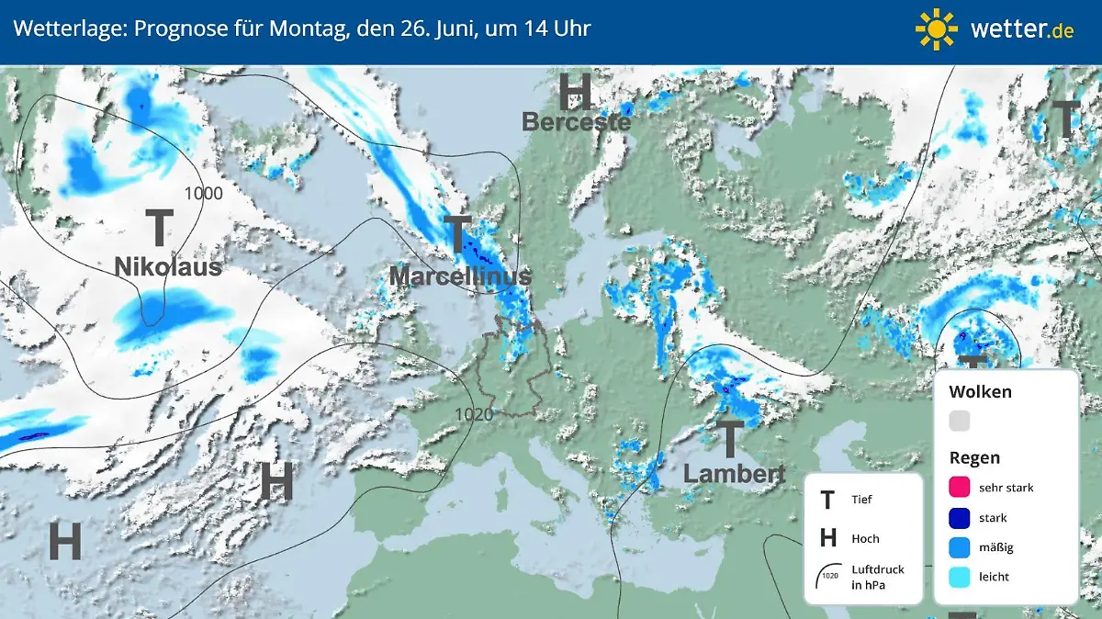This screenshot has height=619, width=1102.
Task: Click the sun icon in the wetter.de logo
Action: (937, 28)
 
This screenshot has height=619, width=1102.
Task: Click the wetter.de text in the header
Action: (1021, 29)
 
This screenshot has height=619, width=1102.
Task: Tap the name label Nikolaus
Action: (168, 266)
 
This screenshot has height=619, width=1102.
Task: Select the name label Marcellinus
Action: (460, 276)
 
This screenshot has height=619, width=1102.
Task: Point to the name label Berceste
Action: (577, 121)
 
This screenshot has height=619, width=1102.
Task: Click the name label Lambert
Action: (735, 474)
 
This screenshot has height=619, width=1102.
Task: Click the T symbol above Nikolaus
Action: (159, 227)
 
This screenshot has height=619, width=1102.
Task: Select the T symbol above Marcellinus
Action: (457, 235)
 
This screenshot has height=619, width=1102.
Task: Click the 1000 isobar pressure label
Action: (203, 193)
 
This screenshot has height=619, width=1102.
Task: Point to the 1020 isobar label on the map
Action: (474, 414)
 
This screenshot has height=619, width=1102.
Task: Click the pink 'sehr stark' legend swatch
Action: (959, 487)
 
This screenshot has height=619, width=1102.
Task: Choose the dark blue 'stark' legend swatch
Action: (959, 517)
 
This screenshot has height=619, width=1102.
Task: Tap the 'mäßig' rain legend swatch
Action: (959, 547)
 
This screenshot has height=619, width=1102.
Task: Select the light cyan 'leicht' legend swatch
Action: (959, 578)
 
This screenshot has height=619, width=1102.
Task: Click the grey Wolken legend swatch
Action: (959, 421)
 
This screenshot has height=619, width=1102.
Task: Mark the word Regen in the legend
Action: (974, 457)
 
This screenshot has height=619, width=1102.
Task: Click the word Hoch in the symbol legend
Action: (865, 538)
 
